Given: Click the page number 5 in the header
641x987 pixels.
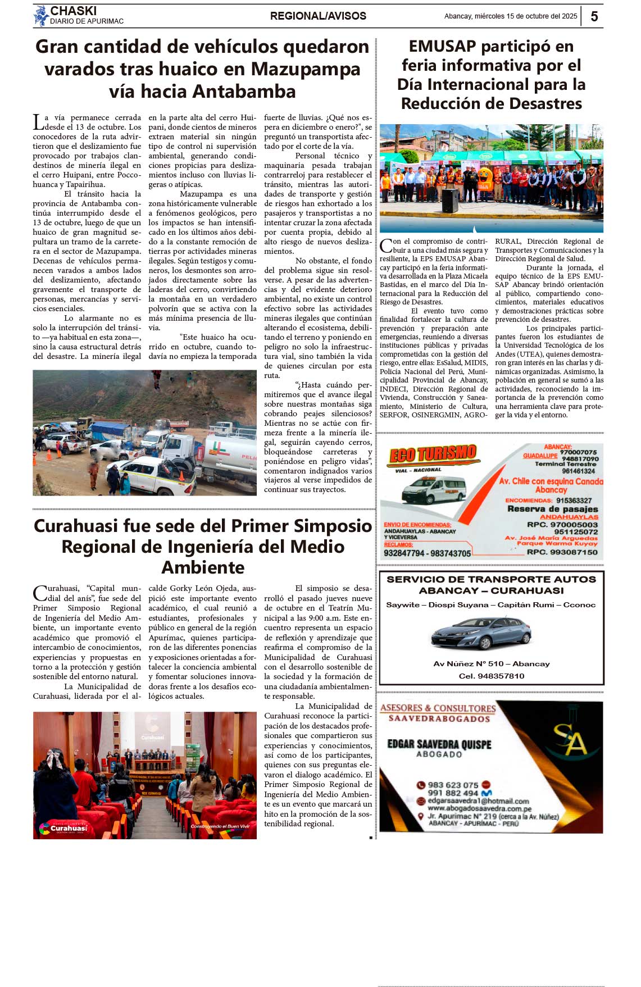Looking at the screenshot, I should [x=594, y=16].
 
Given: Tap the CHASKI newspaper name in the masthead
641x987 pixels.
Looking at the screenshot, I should [x=73, y=11].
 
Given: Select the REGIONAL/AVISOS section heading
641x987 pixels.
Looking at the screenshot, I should [x=318, y=16].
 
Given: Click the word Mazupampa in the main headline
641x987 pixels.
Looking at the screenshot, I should [x=306, y=69].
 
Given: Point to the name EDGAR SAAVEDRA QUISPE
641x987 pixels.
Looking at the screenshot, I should [x=439, y=744].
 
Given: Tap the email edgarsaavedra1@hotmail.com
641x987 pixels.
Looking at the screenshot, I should [x=478, y=801].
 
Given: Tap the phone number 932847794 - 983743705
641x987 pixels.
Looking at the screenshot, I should [x=427, y=553].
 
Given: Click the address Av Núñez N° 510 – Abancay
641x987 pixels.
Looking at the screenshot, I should [x=492, y=663].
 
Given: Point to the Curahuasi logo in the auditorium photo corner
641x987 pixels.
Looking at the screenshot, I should [x=63, y=827].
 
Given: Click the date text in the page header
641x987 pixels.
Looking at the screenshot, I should [x=511, y=16].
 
